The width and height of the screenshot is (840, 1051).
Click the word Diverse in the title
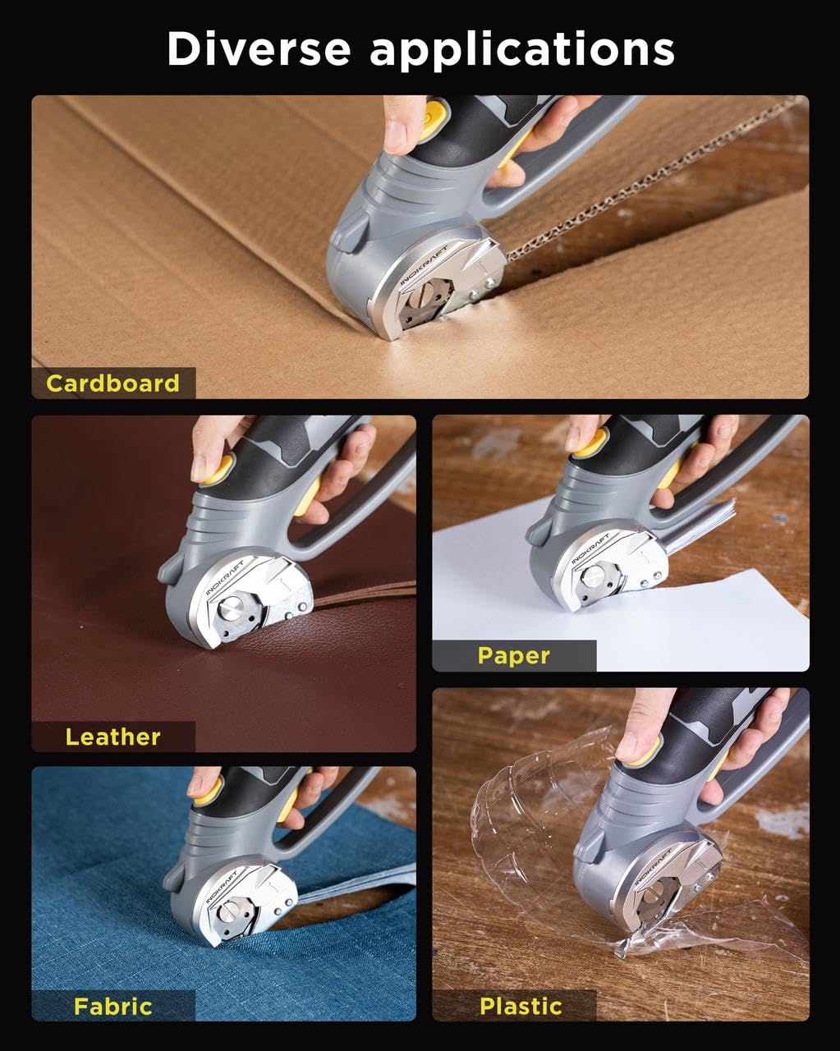pyautogui.click(x=259, y=49)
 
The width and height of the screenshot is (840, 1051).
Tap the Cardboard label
pyautogui.click(x=112, y=383)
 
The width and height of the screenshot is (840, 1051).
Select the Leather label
pyautogui.click(x=112, y=737)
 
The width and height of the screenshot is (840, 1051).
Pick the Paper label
pyautogui.click(x=513, y=655)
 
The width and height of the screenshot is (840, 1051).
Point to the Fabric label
pyautogui.click(x=112, y=1006)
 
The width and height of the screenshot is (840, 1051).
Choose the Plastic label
pyautogui.click(x=521, y=1006)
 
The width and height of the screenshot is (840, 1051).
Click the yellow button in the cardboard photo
pyautogui.click(x=436, y=112)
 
